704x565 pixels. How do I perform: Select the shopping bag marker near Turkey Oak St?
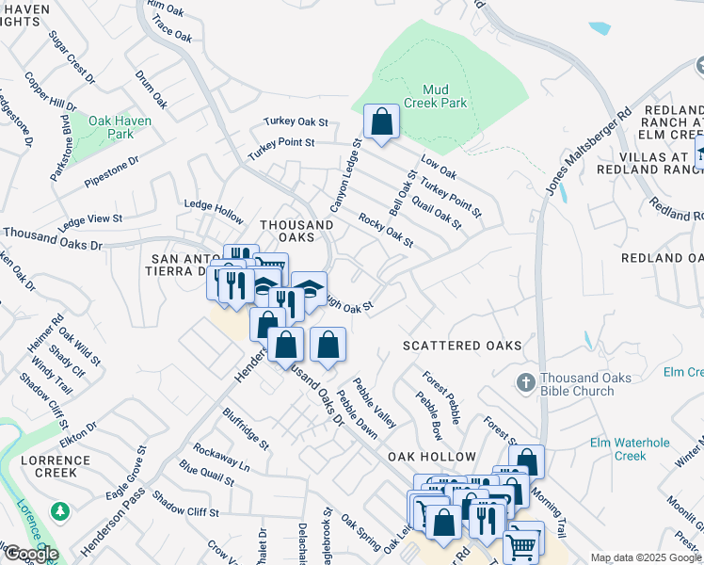click(x=381, y=121)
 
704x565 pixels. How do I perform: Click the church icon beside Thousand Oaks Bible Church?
click(x=526, y=382)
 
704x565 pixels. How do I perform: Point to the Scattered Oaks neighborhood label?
click(x=461, y=346)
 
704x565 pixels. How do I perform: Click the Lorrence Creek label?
click(x=56, y=466)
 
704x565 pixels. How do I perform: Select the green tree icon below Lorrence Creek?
click(x=61, y=510)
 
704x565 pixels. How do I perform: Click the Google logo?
click(x=30, y=554)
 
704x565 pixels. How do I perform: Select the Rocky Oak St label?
click(x=385, y=231)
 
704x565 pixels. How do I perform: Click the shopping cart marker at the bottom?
click(x=522, y=543)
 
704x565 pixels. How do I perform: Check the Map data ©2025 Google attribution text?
click(x=646, y=557)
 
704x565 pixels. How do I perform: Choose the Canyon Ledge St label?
click(x=344, y=176)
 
